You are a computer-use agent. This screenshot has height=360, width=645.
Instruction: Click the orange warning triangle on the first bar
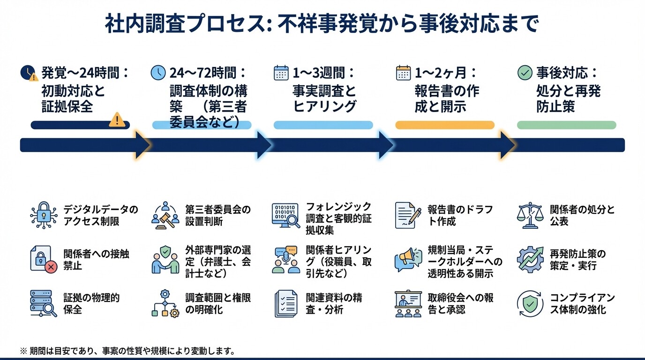117,120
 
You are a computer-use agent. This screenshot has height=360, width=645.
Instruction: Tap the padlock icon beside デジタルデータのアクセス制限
43,215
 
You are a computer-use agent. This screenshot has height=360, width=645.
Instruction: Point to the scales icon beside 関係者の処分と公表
528,215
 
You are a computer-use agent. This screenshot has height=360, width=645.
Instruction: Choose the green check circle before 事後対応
525,73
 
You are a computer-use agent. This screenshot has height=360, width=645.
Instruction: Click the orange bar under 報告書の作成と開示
445,125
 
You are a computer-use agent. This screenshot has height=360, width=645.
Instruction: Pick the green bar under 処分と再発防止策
566,125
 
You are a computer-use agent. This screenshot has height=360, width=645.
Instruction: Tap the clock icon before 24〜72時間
158,73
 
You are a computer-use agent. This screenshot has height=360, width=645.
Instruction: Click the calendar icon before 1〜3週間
281,73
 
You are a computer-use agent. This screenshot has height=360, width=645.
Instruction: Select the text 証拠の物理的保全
91,304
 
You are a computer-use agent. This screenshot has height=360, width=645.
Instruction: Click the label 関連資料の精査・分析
334,304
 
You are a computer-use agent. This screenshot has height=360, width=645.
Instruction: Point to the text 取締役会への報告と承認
460,304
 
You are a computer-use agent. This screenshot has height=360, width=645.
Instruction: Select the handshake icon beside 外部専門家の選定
165,260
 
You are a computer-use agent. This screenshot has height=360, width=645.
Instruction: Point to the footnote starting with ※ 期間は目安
127,351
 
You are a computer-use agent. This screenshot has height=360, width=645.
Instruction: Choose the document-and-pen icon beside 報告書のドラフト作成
407,215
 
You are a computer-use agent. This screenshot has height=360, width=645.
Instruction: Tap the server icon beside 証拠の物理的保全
43,304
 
